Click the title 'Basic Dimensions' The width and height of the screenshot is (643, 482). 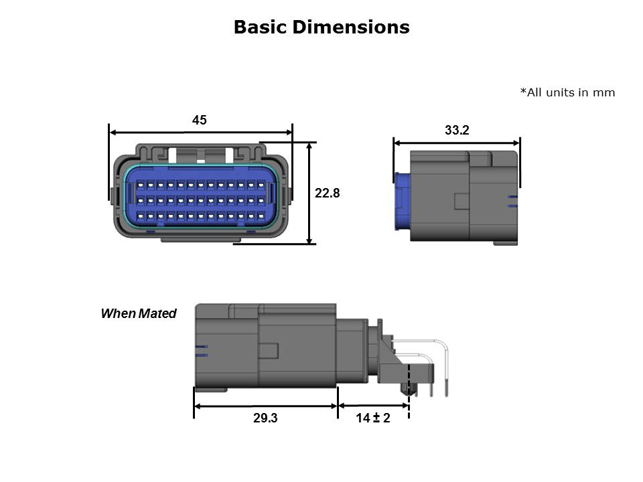click(x=321, y=27)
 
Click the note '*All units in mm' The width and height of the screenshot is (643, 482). click(x=567, y=92)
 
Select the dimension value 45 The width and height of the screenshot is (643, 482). click(x=200, y=120)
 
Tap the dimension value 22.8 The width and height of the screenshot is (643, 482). click(x=328, y=193)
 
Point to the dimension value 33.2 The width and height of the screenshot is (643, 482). click(x=457, y=131)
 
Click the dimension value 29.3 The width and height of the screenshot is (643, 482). click(x=265, y=418)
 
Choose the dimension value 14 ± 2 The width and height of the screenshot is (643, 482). click(x=373, y=418)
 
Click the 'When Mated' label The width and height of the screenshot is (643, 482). click(x=138, y=313)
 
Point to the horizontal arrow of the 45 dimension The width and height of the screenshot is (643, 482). click(x=201, y=133)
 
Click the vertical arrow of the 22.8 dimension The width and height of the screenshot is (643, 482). click(x=309, y=193)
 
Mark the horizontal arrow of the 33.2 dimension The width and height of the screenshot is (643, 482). click(x=457, y=142)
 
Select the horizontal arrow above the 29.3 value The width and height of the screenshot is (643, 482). click(x=265, y=406)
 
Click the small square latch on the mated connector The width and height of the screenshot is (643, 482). click(x=269, y=351)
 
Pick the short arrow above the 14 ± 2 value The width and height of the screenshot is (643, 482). click(x=373, y=406)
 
